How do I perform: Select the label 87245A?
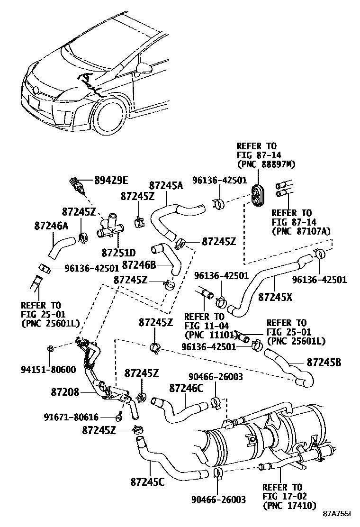click(166, 186)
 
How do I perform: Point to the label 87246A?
click(51, 227)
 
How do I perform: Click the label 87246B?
click(139, 263)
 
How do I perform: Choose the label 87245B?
click(324, 363)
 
